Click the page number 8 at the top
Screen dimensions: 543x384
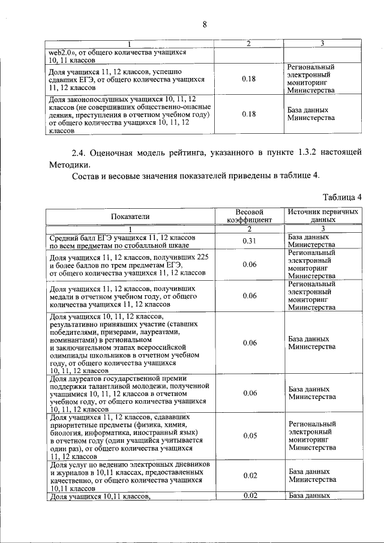pos(204,25)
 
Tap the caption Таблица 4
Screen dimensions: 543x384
pos(342,197)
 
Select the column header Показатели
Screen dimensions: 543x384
pos(130,217)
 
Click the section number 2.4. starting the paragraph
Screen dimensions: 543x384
pos(82,153)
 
